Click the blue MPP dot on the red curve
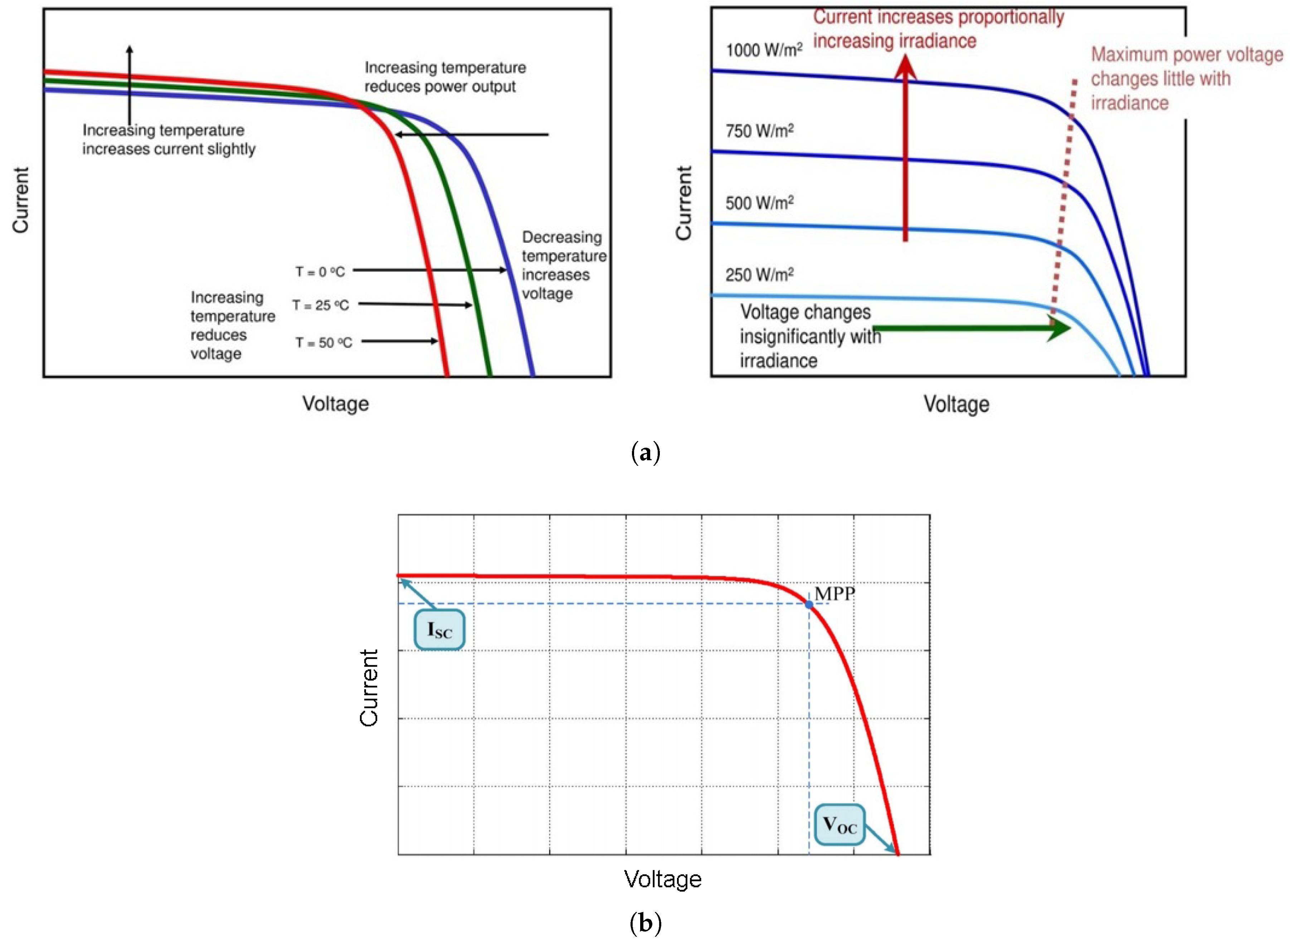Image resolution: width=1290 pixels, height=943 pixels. tap(809, 604)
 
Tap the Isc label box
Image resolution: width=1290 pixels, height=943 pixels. tap(439, 630)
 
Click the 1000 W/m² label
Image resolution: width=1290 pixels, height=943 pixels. tap(764, 50)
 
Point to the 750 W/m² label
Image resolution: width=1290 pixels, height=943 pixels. tap(759, 131)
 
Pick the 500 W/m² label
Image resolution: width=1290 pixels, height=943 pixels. tap(759, 203)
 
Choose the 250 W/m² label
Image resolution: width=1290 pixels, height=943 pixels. tap(759, 275)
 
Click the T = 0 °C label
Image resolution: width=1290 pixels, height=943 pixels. tap(320, 272)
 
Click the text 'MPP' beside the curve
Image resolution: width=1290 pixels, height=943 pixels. tap(834, 594)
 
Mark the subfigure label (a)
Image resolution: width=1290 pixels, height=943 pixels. tap(645, 453)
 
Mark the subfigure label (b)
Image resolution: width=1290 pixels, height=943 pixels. tap(645, 923)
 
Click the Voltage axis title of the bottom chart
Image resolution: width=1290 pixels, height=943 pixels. tap(662, 879)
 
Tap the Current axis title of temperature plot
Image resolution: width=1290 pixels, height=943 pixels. tap(20, 200)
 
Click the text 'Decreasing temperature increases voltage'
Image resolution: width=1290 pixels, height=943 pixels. tap(563, 265)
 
